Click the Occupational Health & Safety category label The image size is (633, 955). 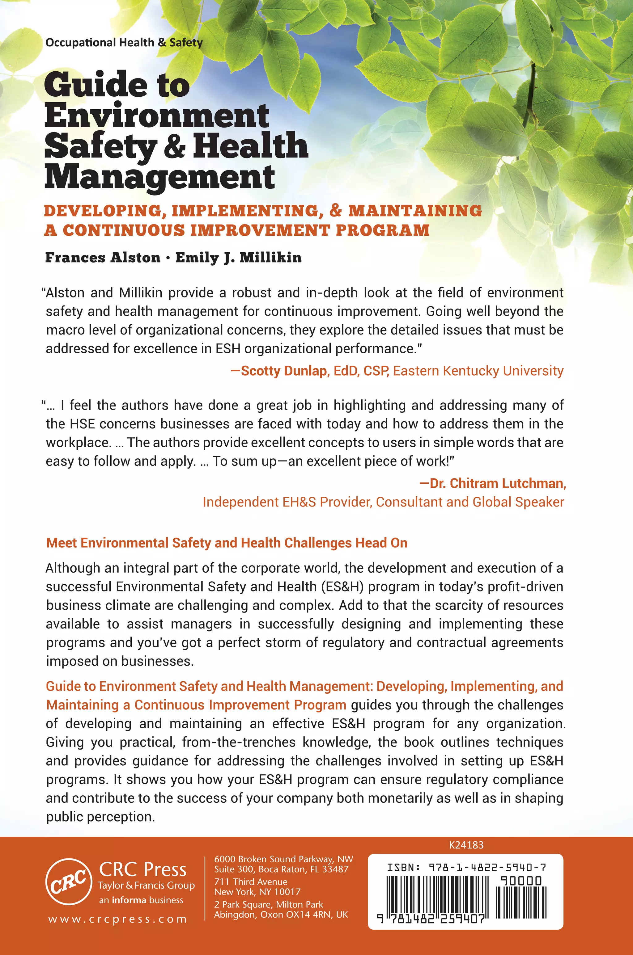(x=124, y=43)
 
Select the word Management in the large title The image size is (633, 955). (x=159, y=178)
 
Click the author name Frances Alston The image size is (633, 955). (x=103, y=258)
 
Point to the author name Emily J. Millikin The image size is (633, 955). (x=238, y=258)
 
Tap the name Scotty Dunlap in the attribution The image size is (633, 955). (x=284, y=371)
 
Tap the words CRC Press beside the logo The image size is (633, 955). (x=142, y=869)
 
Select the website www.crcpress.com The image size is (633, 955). (x=117, y=919)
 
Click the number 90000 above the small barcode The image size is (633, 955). (x=521, y=881)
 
